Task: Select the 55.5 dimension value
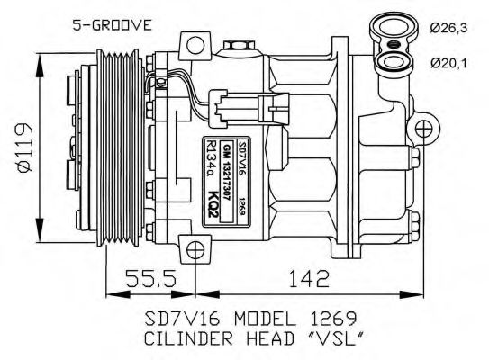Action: tap(150, 281)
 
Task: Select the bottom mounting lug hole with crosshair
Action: tap(194, 248)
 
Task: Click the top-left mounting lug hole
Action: tap(193, 45)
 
